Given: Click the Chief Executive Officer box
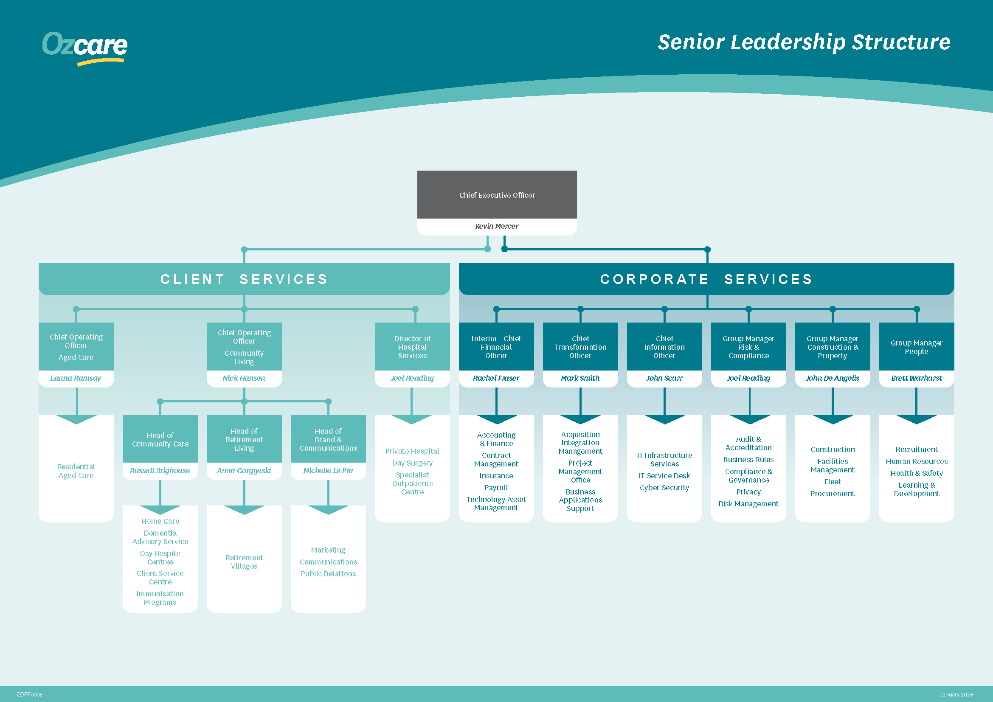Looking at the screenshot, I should coord(497,195).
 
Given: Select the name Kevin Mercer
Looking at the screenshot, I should coord(497,226).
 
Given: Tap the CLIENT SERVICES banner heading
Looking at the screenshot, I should coord(244,279).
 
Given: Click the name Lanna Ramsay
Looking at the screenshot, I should coord(76,378).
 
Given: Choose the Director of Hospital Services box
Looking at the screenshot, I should coord(412,347).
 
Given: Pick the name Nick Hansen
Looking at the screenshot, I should coord(244,378).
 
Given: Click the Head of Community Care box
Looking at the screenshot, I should coord(160,439).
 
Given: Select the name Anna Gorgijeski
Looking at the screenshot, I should coord(244,471).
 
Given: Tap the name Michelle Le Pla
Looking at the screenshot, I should coord(328,471).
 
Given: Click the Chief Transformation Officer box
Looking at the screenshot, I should coord(580,347).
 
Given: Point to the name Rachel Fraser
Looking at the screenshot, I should coord(495,378).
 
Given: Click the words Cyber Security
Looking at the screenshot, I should coord(664,488).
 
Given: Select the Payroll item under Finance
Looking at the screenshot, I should coord(495,488).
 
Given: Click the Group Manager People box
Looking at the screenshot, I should coord(916,347).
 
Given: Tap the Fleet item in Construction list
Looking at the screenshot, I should coord(832,482).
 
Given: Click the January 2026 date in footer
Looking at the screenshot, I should coord(956,695).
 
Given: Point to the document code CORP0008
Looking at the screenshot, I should coord(29,695).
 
